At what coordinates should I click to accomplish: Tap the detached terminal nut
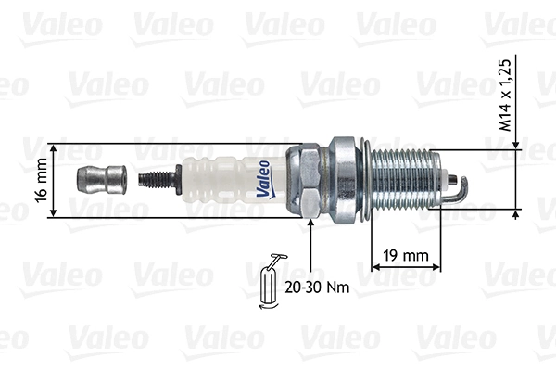[100, 176]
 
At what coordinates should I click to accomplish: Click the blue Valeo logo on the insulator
[262, 179]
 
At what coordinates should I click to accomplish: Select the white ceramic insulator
[222, 177]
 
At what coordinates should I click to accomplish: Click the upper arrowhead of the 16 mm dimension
[55, 148]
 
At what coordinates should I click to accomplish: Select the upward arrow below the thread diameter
[516, 215]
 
